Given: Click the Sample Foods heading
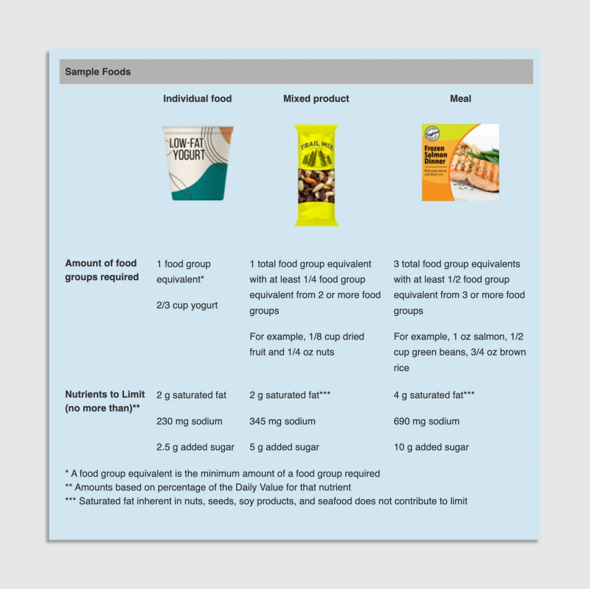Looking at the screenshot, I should point(98,72).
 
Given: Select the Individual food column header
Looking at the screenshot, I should point(197,99).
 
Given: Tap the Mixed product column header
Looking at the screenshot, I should point(316,99).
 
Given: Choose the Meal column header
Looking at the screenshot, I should point(460,99).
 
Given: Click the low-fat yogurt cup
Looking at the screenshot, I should point(197,163).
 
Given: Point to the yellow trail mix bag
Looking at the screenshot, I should point(316,175).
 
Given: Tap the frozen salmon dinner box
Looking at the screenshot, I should point(460,163).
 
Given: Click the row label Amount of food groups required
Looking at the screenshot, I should point(102,270).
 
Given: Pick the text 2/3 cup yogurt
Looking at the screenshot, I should point(187,305).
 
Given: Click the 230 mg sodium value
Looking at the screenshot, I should point(189,421).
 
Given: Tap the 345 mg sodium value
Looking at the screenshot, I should point(282,421).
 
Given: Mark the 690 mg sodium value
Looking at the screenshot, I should point(426,421).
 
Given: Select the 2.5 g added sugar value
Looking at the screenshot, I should point(195,447).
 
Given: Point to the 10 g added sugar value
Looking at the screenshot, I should point(431,447).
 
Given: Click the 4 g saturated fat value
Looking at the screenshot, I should point(434,395).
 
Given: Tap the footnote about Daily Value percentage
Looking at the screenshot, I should point(208,488).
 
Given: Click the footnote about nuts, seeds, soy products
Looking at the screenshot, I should point(266,501).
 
